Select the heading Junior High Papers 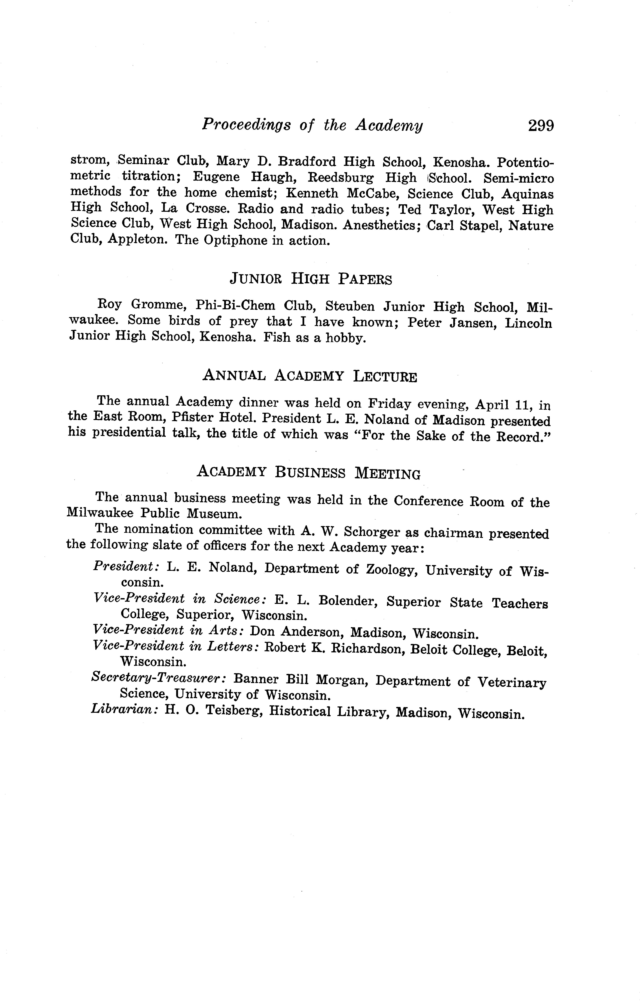[311, 279]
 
